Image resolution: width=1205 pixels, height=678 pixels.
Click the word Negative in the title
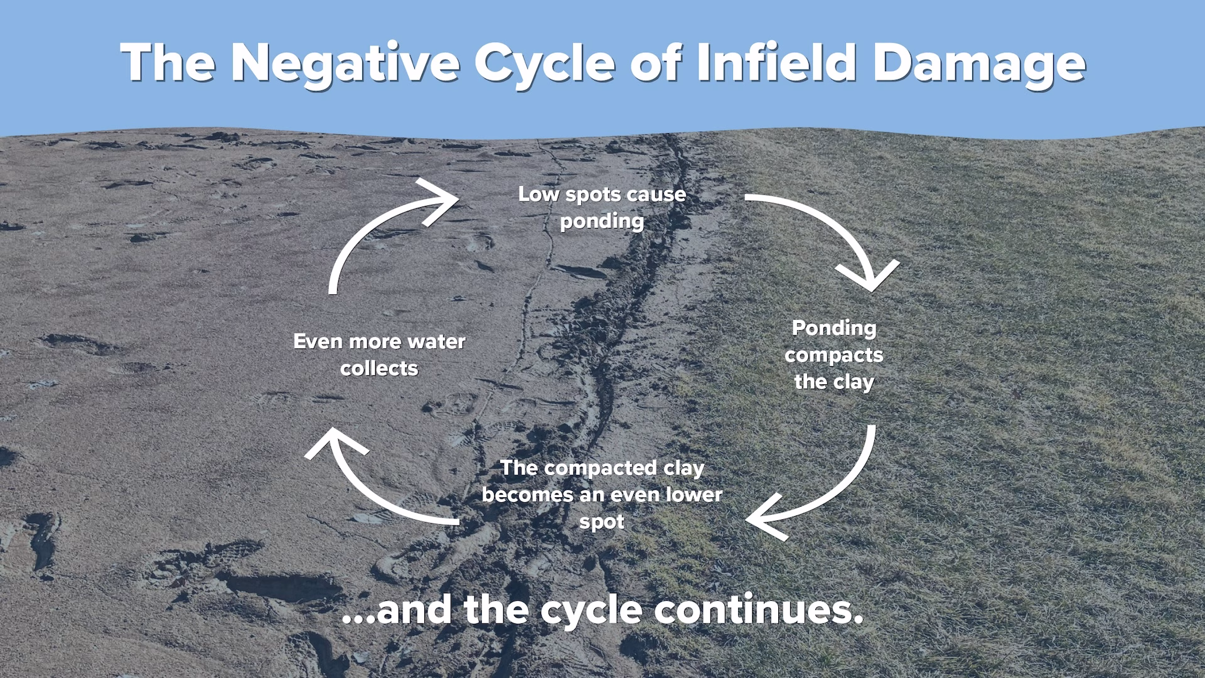pos(346,63)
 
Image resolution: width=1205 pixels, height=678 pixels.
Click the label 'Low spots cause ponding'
pos(602,208)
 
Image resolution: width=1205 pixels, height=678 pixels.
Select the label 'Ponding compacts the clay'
pos(834,355)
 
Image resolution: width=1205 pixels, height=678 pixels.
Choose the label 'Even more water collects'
pos(380,355)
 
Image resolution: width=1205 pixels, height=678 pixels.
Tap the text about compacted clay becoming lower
pos(602,495)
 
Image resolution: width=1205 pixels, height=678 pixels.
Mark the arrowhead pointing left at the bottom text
pos(768,517)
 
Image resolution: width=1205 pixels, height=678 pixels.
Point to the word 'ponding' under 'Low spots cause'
pos(602,222)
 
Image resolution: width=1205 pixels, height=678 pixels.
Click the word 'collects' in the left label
pos(379,368)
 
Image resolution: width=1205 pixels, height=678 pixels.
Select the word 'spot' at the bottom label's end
pos(602,522)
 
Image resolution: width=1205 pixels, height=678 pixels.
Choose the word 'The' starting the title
pos(168,62)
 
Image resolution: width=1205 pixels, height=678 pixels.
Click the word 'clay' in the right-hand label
pos(854,382)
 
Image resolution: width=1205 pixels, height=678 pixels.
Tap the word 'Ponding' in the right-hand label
pos(834,329)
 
